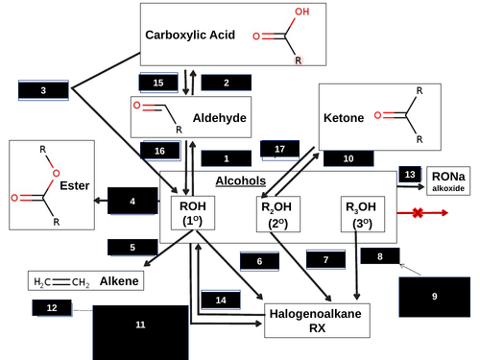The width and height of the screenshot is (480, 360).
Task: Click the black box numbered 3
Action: click(x=43, y=89)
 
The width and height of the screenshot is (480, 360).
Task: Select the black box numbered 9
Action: click(x=434, y=297)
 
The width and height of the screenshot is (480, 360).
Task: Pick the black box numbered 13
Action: click(x=410, y=174)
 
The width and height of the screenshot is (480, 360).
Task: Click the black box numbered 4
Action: click(x=132, y=201)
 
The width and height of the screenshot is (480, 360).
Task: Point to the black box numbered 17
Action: click(x=280, y=150)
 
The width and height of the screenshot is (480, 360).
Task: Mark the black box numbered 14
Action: click(x=221, y=300)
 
